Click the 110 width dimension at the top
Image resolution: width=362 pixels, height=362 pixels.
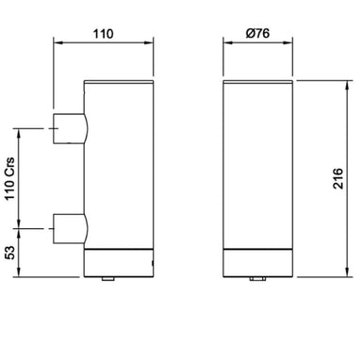(103, 34)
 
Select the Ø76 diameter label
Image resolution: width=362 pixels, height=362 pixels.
(257, 33)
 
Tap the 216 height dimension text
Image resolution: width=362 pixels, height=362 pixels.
(338, 178)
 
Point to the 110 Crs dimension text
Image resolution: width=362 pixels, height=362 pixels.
(9, 178)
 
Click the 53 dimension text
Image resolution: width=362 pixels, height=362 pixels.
(9, 253)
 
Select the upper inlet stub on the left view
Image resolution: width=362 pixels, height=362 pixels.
(70, 129)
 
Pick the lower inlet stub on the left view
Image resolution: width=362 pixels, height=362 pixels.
(70, 229)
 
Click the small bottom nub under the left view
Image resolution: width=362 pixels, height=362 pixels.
(108, 279)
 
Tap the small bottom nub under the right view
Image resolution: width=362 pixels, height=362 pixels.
(257, 279)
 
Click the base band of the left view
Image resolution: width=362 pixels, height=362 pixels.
(119, 263)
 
